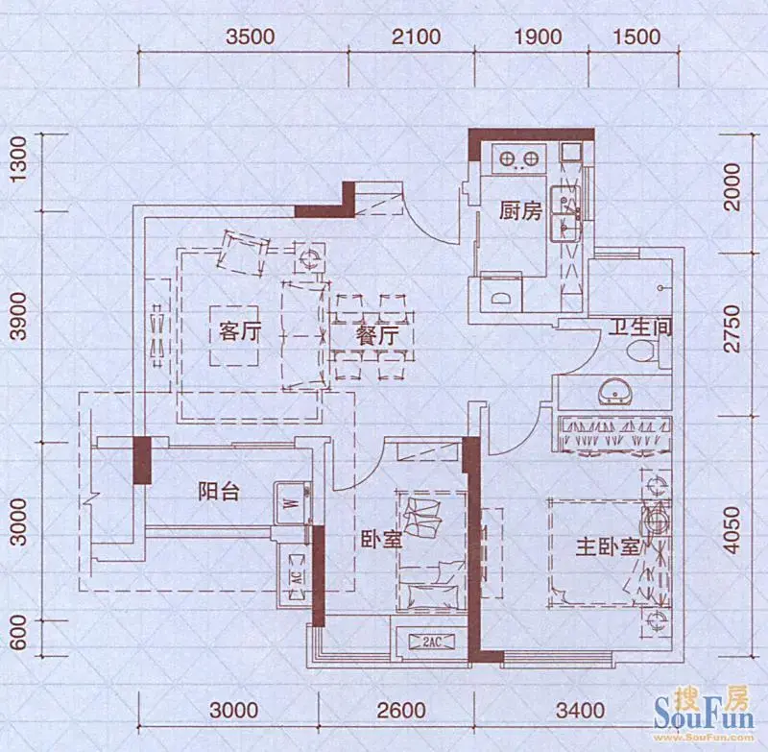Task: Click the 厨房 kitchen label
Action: (x=520, y=211)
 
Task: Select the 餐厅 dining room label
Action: (x=376, y=336)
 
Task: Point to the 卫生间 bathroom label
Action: (x=640, y=327)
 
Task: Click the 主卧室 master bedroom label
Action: (x=608, y=547)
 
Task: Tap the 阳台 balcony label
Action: (x=219, y=492)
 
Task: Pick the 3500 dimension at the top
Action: (x=251, y=37)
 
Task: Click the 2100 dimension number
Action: (x=417, y=37)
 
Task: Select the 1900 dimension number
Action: (x=538, y=37)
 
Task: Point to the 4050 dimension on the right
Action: (x=732, y=530)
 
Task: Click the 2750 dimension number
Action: (x=732, y=328)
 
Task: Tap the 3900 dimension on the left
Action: (x=18, y=316)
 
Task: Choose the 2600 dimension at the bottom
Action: (x=401, y=711)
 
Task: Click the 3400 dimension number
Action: (x=580, y=711)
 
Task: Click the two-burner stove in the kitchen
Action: (x=519, y=158)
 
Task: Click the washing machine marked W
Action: (x=293, y=503)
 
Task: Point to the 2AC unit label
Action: (x=431, y=642)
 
